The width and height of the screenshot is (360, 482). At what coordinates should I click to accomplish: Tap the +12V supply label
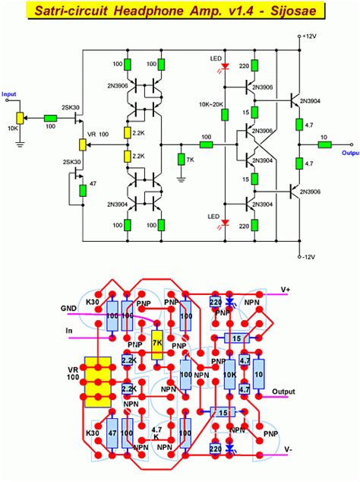[308, 36]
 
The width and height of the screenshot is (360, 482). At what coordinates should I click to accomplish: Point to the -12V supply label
[307, 257]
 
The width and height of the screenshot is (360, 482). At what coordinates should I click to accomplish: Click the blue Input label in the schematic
[9, 94]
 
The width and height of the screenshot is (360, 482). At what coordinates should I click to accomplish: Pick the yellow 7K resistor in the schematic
[181, 159]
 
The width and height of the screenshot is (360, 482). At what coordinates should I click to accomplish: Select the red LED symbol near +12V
[225, 67]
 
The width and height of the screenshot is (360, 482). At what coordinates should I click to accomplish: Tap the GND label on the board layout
[70, 308]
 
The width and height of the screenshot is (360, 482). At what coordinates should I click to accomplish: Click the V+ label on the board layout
[285, 290]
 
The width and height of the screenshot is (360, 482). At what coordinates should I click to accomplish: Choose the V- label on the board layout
[288, 449]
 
